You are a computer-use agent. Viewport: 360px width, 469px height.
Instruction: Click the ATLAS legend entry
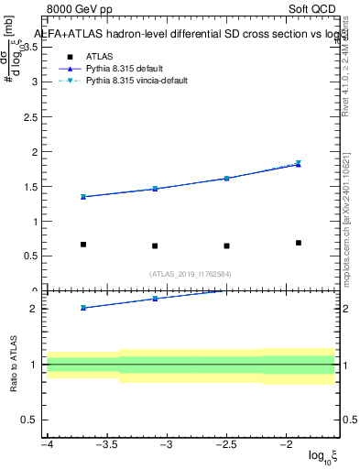[100, 57]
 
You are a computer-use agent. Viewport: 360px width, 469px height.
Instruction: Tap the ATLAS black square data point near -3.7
[83, 245]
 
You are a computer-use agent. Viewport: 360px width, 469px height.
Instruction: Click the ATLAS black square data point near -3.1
[155, 245]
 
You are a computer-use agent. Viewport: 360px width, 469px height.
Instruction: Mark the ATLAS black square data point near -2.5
[226, 245]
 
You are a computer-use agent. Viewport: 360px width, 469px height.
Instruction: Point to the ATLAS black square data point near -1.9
[299, 243]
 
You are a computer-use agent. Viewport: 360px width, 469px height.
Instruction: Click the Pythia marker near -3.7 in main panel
[83, 196]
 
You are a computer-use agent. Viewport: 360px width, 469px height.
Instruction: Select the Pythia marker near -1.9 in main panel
[299, 164]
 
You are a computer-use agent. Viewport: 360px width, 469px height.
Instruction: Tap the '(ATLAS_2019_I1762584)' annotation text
[191, 273]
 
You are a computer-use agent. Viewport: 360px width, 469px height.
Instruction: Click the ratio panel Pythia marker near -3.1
[155, 299]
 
